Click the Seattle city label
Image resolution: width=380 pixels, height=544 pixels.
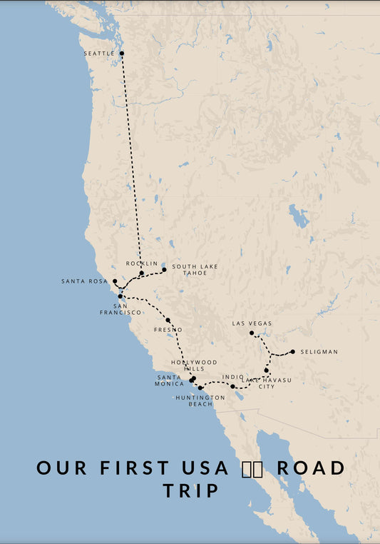click(x=98, y=54)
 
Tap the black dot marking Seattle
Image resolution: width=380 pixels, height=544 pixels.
click(x=122, y=54)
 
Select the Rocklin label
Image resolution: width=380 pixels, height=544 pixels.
click(x=141, y=263)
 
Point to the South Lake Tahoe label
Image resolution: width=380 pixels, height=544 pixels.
click(x=195, y=270)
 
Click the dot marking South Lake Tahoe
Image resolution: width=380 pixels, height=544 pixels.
click(x=164, y=269)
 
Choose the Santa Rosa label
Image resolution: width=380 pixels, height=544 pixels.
click(x=84, y=281)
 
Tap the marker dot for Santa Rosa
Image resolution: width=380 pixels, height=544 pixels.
click(x=115, y=281)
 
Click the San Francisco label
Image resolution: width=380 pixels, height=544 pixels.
click(x=120, y=308)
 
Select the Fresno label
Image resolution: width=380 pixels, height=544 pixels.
click(x=168, y=330)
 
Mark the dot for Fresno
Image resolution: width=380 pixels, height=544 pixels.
click(x=168, y=321)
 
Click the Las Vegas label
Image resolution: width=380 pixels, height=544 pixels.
click(x=252, y=323)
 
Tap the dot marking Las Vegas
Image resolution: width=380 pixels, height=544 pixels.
click(x=252, y=333)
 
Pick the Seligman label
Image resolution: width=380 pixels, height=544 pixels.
click(x=319, y=352)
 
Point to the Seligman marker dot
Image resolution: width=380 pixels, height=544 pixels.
click(x=292, y=351)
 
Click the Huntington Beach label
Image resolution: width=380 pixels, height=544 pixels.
click(x=200, y=401)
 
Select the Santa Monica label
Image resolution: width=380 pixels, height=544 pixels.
click(x=170, y=381)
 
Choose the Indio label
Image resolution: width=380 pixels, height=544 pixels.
click(x=232, y=377)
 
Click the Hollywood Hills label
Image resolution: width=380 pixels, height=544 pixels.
click(x=195, y=366)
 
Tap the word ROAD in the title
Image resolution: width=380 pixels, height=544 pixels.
click(x=311, y=468)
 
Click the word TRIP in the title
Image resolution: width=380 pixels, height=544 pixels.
click(x=190, y=491)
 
